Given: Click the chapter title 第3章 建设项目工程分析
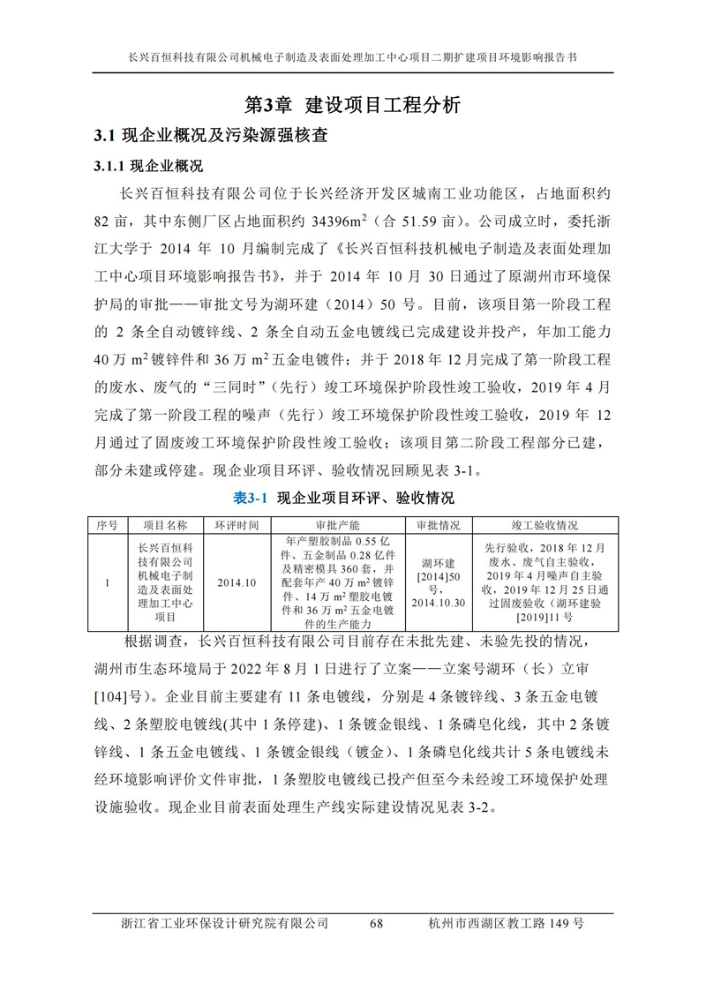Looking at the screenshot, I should (352, 105).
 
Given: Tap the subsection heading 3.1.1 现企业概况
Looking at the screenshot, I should (148, 165).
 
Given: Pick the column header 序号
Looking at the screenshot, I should (107, 524).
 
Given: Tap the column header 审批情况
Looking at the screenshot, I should (437, 524).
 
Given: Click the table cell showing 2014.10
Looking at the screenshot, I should (237, 582).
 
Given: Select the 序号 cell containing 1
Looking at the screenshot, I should (107, 582).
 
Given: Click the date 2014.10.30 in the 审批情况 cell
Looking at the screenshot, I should (437, 603).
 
